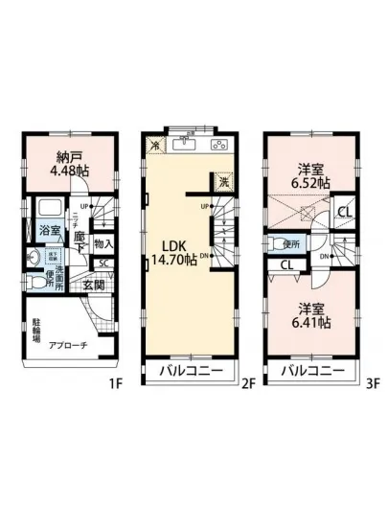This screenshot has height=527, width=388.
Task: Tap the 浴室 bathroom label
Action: click(x=48, y=230)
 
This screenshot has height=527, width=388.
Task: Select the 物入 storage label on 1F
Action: click(x=105, y=243)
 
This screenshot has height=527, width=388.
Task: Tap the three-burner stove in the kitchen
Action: click(x=218, y=145)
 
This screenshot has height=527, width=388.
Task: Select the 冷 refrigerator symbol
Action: click(x=157, y=145)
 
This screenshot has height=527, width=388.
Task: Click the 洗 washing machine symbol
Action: click(x=222, y=182)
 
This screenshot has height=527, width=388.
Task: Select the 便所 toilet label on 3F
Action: click(x=292, y=243)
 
